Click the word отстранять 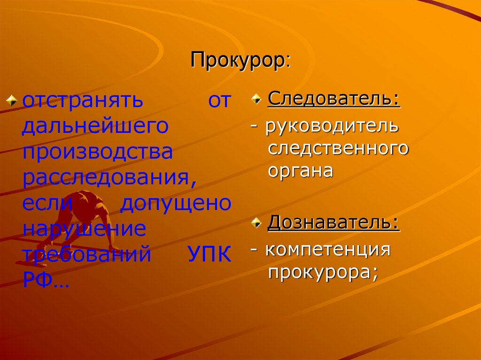click(82, 101)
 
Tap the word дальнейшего click(95, 126)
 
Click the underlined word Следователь click(334, 100)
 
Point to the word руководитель click(332, 126)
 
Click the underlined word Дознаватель click(334, 222)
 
